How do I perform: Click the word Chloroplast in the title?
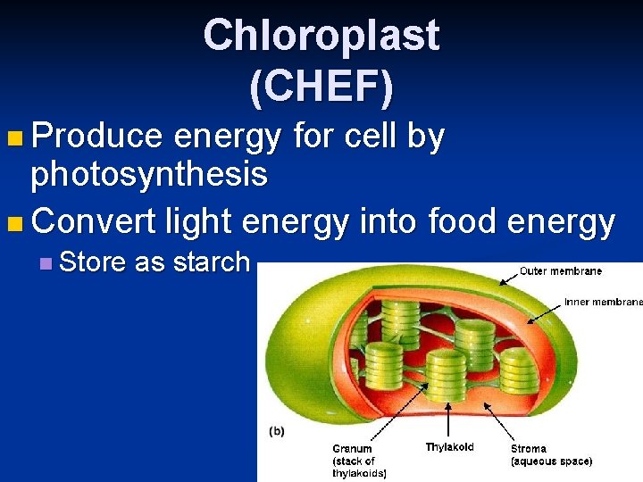click(x=321, y=36)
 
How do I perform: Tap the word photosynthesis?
click(x=149, y=175)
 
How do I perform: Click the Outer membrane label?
click(x=561, y=271)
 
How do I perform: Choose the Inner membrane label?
click(x=603, y=302)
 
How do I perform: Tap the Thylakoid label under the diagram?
click(x=449, y=447)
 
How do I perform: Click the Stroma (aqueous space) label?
click(x=551, y=455)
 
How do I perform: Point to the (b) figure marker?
click(x=277, y=430)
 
